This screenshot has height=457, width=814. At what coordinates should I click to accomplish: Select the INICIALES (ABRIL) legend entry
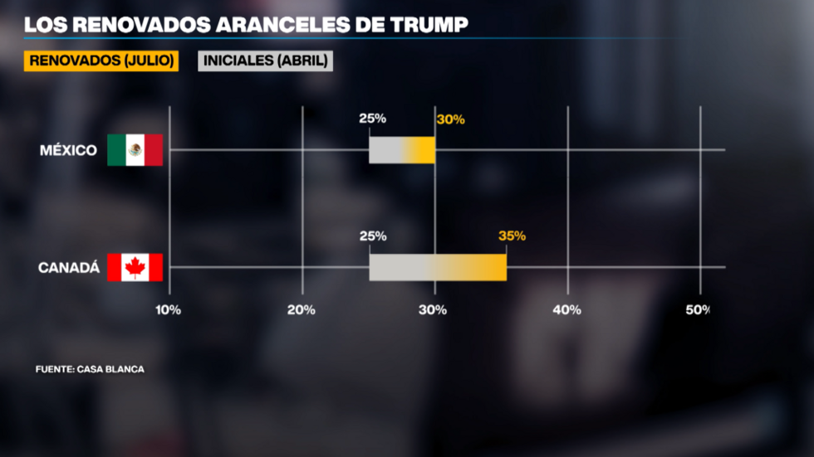[265, 61]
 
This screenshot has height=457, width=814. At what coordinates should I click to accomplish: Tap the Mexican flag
[135, 150]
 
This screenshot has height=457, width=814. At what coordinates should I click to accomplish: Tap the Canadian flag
[135, 267]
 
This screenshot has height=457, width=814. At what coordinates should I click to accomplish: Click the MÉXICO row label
[69, 150]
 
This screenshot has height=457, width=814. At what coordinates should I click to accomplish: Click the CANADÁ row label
[69, 268]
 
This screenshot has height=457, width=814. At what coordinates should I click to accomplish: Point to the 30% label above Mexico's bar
[450, 119]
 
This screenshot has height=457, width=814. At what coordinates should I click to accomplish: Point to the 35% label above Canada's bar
[512, 236]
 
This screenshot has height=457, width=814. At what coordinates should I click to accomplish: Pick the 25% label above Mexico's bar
[372, 119]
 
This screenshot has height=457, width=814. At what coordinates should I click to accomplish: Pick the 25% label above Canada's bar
[372, 236]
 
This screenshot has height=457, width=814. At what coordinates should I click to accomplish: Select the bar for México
[402, 150]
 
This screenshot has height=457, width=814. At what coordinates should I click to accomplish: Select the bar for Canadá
[438, 267]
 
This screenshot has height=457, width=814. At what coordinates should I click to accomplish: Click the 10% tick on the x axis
[169, 309]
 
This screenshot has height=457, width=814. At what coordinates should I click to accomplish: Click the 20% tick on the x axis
[301, 309]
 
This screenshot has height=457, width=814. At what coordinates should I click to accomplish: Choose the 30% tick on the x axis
[433, 309]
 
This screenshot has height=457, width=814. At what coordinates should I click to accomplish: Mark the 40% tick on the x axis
[566, 309]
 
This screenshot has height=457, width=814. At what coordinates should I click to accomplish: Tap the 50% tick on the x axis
[698, 309]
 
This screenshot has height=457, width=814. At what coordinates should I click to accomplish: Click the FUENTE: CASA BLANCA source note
[90, 369]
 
